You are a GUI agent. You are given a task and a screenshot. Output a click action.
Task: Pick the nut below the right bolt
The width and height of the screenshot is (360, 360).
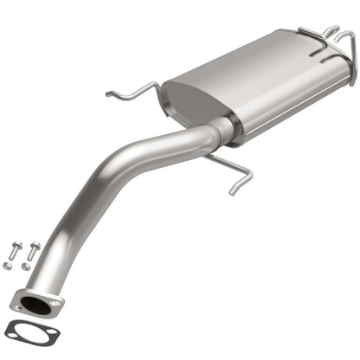coord(27,266)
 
